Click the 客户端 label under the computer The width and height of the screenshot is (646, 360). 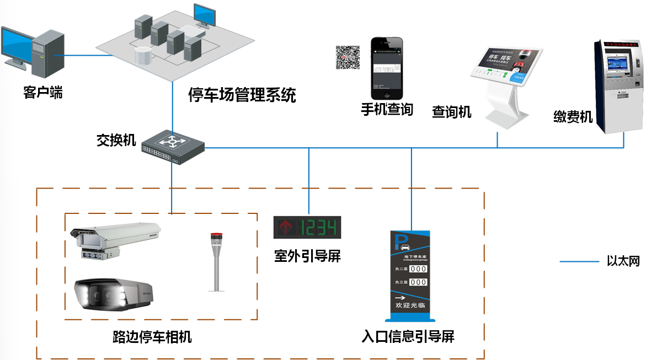pos(42,92)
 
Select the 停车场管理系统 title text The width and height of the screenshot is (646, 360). pos(242,95)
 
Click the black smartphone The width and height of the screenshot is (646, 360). pos(386,67)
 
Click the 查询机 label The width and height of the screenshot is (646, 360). pos(451,112)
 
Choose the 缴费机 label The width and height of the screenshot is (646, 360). pos(573,116)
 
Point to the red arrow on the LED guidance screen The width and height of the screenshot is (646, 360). pos(286,227)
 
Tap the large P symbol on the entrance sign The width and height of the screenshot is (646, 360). pos(398,241)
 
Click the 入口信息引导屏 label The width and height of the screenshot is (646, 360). pos(408,336)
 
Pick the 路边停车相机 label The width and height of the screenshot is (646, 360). pos(152,336)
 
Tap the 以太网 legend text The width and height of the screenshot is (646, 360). pos(623,261)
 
